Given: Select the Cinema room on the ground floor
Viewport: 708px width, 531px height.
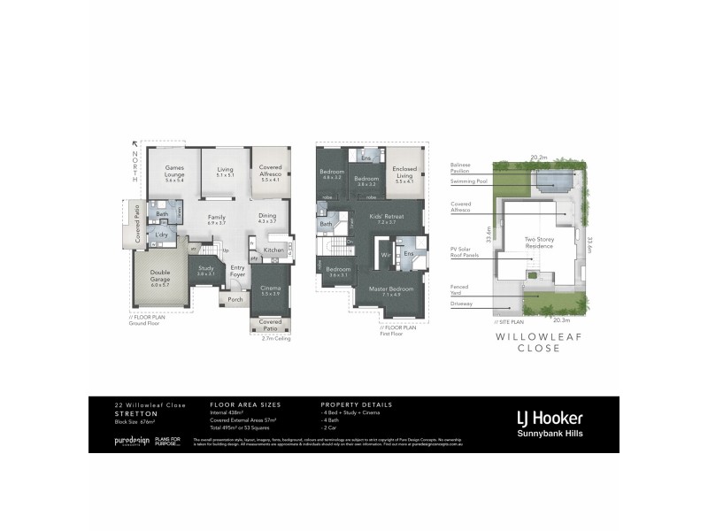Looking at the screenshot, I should point(270,290).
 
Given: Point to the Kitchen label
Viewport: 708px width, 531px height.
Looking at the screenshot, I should point(273,250).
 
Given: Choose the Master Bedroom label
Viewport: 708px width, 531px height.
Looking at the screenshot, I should point(391,291).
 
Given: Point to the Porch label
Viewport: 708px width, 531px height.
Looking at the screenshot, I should point(235,299).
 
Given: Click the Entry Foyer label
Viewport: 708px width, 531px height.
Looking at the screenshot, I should point(237,272).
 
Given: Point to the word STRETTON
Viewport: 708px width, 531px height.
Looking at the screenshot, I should point(135,413).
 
